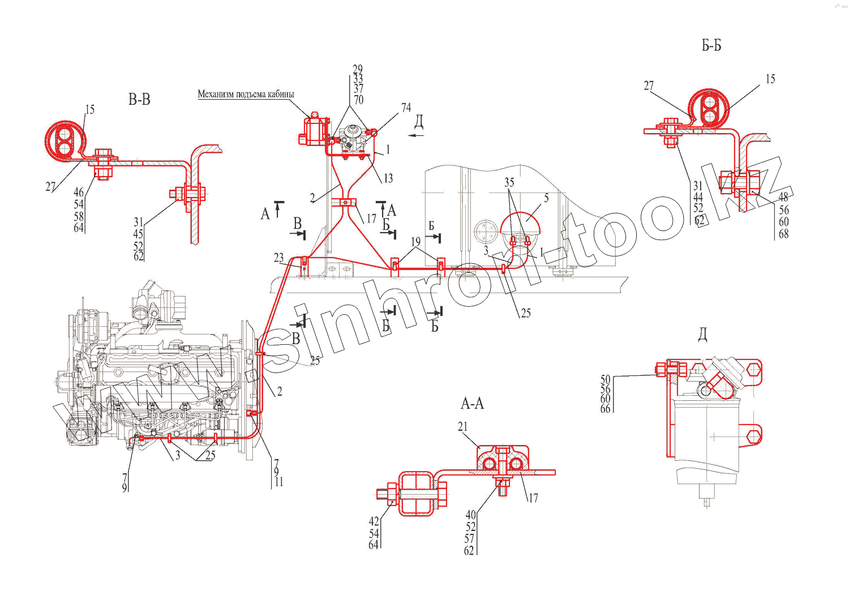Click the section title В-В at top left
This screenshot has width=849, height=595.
point(139,100)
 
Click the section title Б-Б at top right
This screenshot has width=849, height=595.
point(711,46)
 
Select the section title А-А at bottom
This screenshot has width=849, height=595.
point(472,404)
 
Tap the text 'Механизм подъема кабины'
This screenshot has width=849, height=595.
point(246,94)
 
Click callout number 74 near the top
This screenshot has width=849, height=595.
point(406,108)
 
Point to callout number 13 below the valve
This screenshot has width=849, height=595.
point(388,178)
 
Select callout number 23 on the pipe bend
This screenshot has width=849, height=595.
point(278,258)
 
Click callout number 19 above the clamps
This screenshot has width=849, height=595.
point(416,242)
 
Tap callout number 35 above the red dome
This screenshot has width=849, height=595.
point(509,182)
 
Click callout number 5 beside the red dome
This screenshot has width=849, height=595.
point(546,198)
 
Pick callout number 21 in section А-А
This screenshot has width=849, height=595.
point(462,427)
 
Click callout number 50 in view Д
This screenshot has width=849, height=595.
point(606,380)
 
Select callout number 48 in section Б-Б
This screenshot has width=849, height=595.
point(783,198)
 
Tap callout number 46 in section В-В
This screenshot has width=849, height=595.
point(79,192)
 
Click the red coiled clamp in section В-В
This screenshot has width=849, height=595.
point(65,140)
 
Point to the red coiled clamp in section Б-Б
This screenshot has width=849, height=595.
point(707,109)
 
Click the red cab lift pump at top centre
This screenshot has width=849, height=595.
point(313,131)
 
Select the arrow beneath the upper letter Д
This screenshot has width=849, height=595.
point(417,136)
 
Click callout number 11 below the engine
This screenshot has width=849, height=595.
point(279,482)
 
